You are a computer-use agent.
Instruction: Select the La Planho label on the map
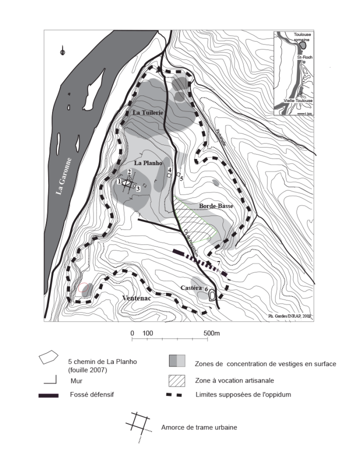146,163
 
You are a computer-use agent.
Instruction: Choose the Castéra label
191,288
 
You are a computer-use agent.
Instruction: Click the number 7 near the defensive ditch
218,263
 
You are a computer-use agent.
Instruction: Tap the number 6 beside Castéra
205,289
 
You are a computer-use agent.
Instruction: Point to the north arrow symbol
62,51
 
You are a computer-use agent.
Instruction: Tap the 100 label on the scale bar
147,333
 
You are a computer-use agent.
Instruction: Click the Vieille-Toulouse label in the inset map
298,100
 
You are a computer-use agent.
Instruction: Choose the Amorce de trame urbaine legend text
199,427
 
